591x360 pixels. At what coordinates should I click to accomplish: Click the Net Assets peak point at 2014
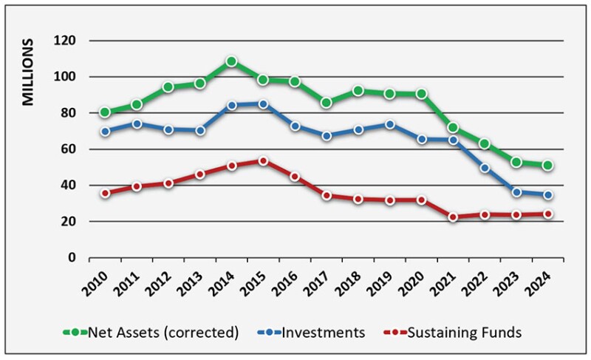coord(231,61)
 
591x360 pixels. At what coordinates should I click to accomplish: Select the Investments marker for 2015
coord(263,104)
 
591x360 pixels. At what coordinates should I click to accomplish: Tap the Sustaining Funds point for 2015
coord(263,160)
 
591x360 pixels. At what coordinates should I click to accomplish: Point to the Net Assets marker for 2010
coord(105,112)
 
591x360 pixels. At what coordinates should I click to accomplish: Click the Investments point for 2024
coord(547,195)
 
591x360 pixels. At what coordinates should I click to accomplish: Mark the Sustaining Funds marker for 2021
coord(453,217)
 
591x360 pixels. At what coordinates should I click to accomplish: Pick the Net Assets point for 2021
coord(453,128)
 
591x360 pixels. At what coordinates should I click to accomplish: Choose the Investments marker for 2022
coord(485,168)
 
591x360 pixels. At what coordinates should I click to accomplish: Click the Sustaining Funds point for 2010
coord(105,193)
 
